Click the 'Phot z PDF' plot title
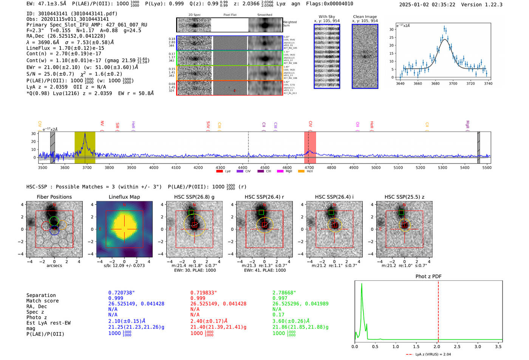click(428, 277)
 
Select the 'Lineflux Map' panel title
click(124, 197)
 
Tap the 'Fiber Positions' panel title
click(54, 197)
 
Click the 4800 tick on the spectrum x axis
click(331, 167)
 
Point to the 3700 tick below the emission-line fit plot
click(453, 83)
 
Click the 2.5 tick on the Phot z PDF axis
click(457, 346)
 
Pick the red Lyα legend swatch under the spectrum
click(220, 172)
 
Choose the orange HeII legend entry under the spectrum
click(301, 172)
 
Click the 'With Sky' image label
click(327, 17)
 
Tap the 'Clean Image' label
click(365, 17)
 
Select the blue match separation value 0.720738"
click(121, 293)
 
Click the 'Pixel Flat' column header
click(230, 15)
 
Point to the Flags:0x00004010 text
click(329, 4)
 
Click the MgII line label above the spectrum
click(467, 125)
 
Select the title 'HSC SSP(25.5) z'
click(404, 197)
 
